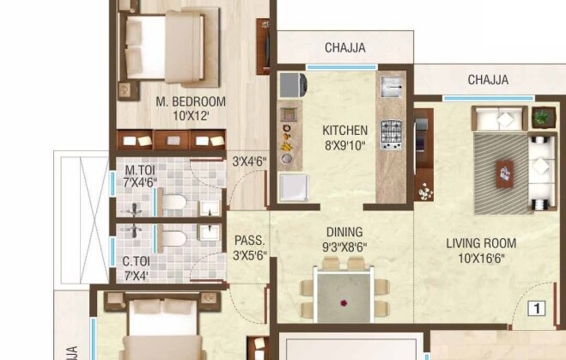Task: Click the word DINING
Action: pos(344,232)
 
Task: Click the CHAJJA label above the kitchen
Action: pos(347,47)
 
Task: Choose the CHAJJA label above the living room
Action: pos(488,80)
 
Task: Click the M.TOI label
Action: pos(139,169)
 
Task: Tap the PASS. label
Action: pos(249,241)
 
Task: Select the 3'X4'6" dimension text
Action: pos(250,160)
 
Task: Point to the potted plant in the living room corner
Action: pos(542,116)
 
